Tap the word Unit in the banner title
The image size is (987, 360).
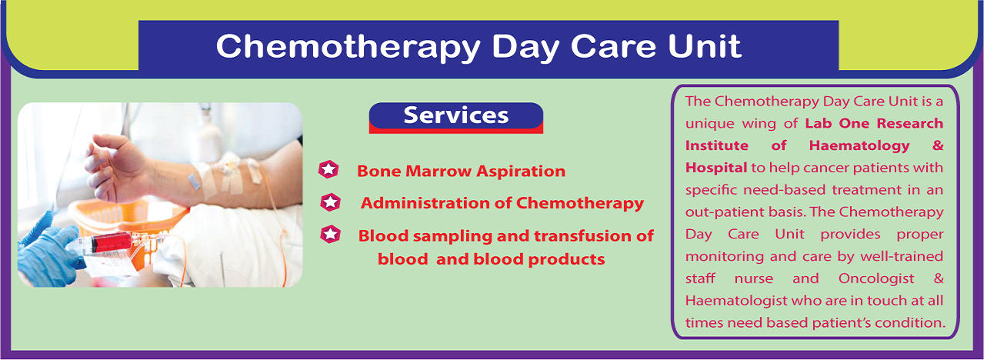pos(705,45)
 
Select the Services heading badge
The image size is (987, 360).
pos(456,118)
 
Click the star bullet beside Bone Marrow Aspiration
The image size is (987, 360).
pos(328,170)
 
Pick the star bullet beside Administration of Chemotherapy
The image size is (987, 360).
pos(331,202)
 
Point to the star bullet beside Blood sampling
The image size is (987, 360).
pos(331,235)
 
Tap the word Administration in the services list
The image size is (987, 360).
pos(425,203)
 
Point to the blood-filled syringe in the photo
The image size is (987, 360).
pos(105,243)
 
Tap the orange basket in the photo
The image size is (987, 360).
pos(128,225)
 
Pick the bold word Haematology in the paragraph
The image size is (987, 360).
pos(859,146)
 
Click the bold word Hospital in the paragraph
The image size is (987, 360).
pos(716,168)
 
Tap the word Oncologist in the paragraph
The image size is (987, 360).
pos(876,279)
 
